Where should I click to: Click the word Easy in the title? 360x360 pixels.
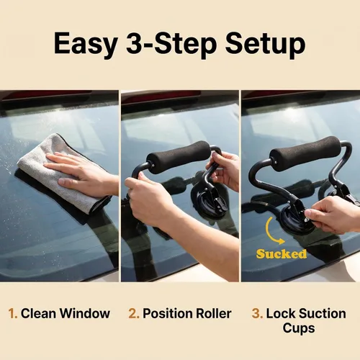(85, 45)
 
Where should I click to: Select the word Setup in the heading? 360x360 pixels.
(265, 45)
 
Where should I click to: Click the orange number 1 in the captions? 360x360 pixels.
(12, 313)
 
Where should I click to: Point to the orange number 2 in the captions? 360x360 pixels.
(134, 313)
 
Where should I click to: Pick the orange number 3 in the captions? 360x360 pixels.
(257, 313)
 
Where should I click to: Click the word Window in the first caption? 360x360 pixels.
(85, 313)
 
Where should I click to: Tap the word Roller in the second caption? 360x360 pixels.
(214, 313)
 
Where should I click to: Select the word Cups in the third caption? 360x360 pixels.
(299, 328)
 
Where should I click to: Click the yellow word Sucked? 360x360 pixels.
(282, 254)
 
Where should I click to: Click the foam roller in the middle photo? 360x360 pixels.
(179, 157)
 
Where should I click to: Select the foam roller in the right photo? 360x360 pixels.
(305, 153)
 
